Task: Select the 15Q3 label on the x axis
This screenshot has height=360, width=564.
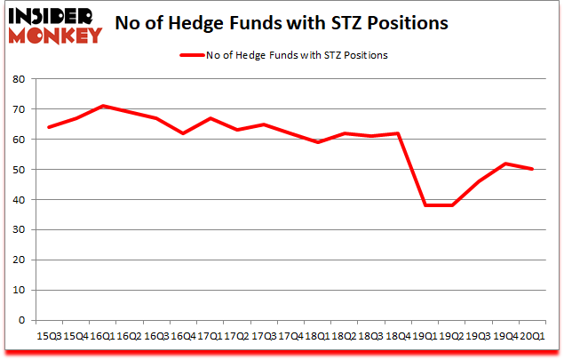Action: [50, 336]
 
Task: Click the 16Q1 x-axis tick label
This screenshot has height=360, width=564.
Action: [103, 336]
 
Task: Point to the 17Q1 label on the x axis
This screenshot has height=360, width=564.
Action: [210, 336]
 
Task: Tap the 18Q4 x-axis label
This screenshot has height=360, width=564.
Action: [398, 336]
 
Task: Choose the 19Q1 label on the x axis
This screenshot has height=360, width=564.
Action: [425, 336]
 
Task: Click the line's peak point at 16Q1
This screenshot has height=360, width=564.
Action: [103, 106]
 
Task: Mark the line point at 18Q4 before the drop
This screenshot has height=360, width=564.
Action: [398, 133]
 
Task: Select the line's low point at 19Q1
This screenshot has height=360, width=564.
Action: [425, 205]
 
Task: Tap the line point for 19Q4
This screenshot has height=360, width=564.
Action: [504, 164]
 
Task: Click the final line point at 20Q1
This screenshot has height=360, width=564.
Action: [531, 169]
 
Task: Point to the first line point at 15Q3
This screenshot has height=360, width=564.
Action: [50, 127]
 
